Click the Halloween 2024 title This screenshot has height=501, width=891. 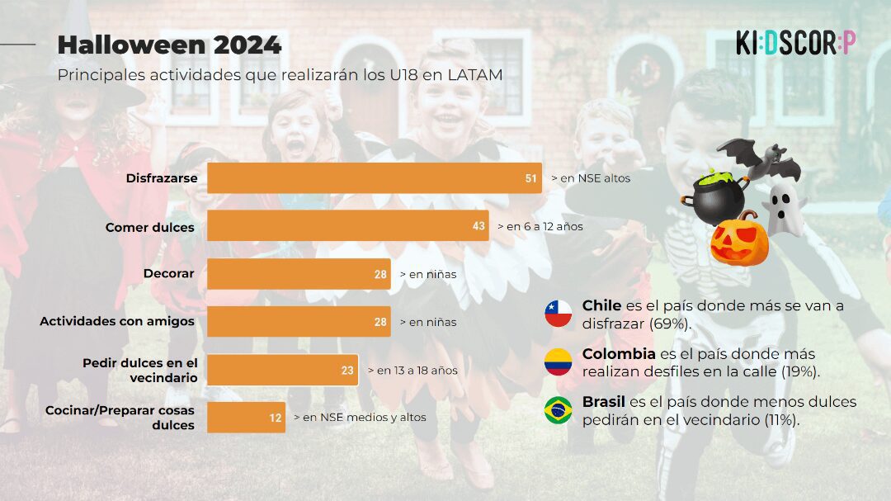pos(169,45)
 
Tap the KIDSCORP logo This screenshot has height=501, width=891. pos(795,43)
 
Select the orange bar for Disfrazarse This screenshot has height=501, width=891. pos(374,178)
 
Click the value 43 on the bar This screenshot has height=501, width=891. pos(478,226)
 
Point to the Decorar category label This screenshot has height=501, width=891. pos(168,273)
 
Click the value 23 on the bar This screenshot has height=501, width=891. pos(347,371)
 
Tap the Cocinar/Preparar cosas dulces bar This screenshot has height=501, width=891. pos(246,418)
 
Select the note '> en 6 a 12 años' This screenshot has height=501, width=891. pos(540,226)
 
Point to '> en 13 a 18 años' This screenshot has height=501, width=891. pos(412,371)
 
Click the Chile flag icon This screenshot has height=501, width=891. pos(559,314)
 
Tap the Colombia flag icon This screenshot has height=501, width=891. pos(559,362)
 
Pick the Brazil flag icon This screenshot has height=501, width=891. pos(559,410)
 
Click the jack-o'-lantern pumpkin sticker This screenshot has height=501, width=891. pos(739,240)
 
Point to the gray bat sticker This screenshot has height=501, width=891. pos(760,158)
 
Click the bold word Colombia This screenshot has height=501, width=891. pos(618,354)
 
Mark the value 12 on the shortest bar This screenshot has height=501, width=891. pos(276,418)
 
